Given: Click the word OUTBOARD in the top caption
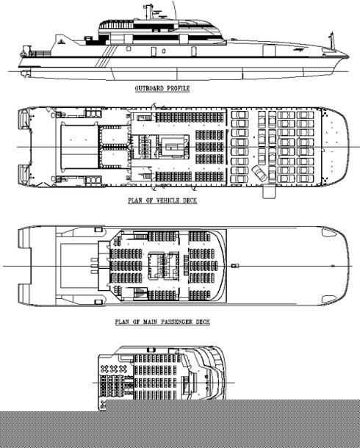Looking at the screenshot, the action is (x=149, y=88).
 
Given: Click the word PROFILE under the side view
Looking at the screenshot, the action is (x=179, y=88).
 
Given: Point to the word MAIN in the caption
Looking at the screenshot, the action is (x=151, y=322).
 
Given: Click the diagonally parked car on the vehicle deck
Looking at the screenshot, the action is (x=259, y=173).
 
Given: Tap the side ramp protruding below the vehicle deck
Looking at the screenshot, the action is (x=269, y=192).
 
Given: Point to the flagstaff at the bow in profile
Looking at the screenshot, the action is (x=331, y=40).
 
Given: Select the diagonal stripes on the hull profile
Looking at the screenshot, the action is (x=107, y=56).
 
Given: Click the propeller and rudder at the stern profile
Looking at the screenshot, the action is (x=24, y=73).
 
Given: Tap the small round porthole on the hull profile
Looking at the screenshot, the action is (x=163, y=51).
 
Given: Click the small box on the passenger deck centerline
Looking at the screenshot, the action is (x=235, y=266).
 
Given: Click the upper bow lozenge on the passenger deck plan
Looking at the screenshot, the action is (x=329, y=233).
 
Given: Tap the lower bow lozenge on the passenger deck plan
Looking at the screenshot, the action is (x=329, y=300).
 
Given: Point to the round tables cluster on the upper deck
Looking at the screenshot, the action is (x=113, y=369).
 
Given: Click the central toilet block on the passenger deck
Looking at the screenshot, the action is (x=163, y=265).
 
